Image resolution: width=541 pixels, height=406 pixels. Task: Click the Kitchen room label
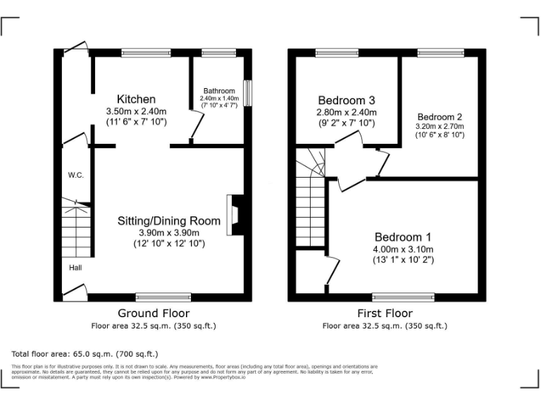pyautogui.click(x=136, y=99)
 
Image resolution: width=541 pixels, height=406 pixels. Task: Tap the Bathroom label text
pyautogui.click(x=219, y=91)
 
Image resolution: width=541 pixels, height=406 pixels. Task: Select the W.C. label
pyautogui.click(x=76, y=175)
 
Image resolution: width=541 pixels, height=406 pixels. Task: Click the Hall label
pyautogui.click(x=75, y=267)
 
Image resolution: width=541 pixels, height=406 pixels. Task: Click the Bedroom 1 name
pyautogui.click(x=403, y=237)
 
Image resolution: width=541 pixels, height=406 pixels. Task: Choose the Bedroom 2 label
pyautogui.click(x=440, y=117)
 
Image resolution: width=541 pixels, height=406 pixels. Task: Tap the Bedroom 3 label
pyautogui.click(x=346, y=100)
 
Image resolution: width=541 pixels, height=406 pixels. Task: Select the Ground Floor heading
pyautogui.click(x=154, y=313)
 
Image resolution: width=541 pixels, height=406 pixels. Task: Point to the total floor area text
pyautogui.click(x=85, y=353)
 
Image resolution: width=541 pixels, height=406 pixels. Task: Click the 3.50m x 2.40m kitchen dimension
pyautogui.click(x=136, y=111)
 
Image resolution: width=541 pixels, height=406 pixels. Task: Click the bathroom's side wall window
pyautogui.click(x=247, y=92)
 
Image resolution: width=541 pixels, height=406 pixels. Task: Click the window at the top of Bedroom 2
pyautogui.click(x=440, y=52)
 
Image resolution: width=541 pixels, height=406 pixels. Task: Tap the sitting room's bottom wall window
pyautogui.click(x=163, y=297)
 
